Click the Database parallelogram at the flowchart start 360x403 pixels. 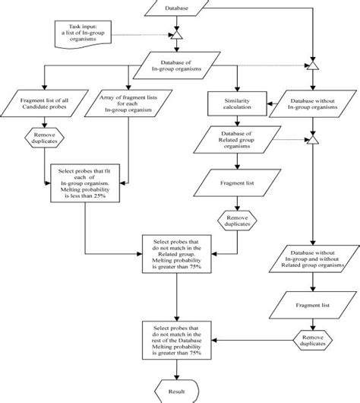pos(176,8)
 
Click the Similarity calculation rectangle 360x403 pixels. pos(238,103)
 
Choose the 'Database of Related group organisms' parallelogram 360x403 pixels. pos(238,141)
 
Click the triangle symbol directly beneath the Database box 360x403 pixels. pos(176,34)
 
